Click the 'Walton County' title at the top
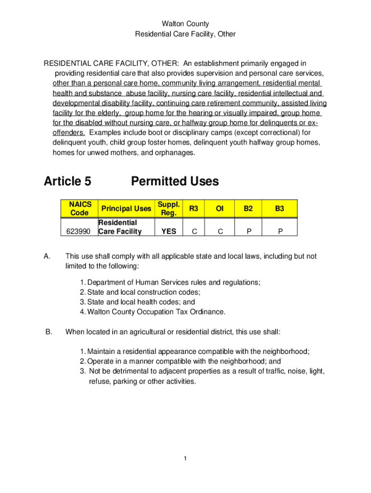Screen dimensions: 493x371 pos(185,24)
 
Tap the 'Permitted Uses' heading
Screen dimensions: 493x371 pos(174,181)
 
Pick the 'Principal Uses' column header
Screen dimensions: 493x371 pos(125,208)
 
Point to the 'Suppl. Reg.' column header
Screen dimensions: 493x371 pos(169,208)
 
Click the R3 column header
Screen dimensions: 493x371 pos(194,208)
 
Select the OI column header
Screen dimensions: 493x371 pos(220,208)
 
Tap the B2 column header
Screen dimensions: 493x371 pos(248,208)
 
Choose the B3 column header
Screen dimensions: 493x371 pos(279,208)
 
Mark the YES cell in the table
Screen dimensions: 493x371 pos(169,232)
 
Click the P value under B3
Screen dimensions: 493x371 pos(279,232)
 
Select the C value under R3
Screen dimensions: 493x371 pos(194,232)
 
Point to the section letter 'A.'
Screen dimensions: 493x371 pos(48,257)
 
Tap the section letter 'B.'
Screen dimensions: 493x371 pos(48,332)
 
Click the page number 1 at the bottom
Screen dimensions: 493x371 pos(185,458)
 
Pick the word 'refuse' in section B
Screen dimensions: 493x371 pos(99,381)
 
